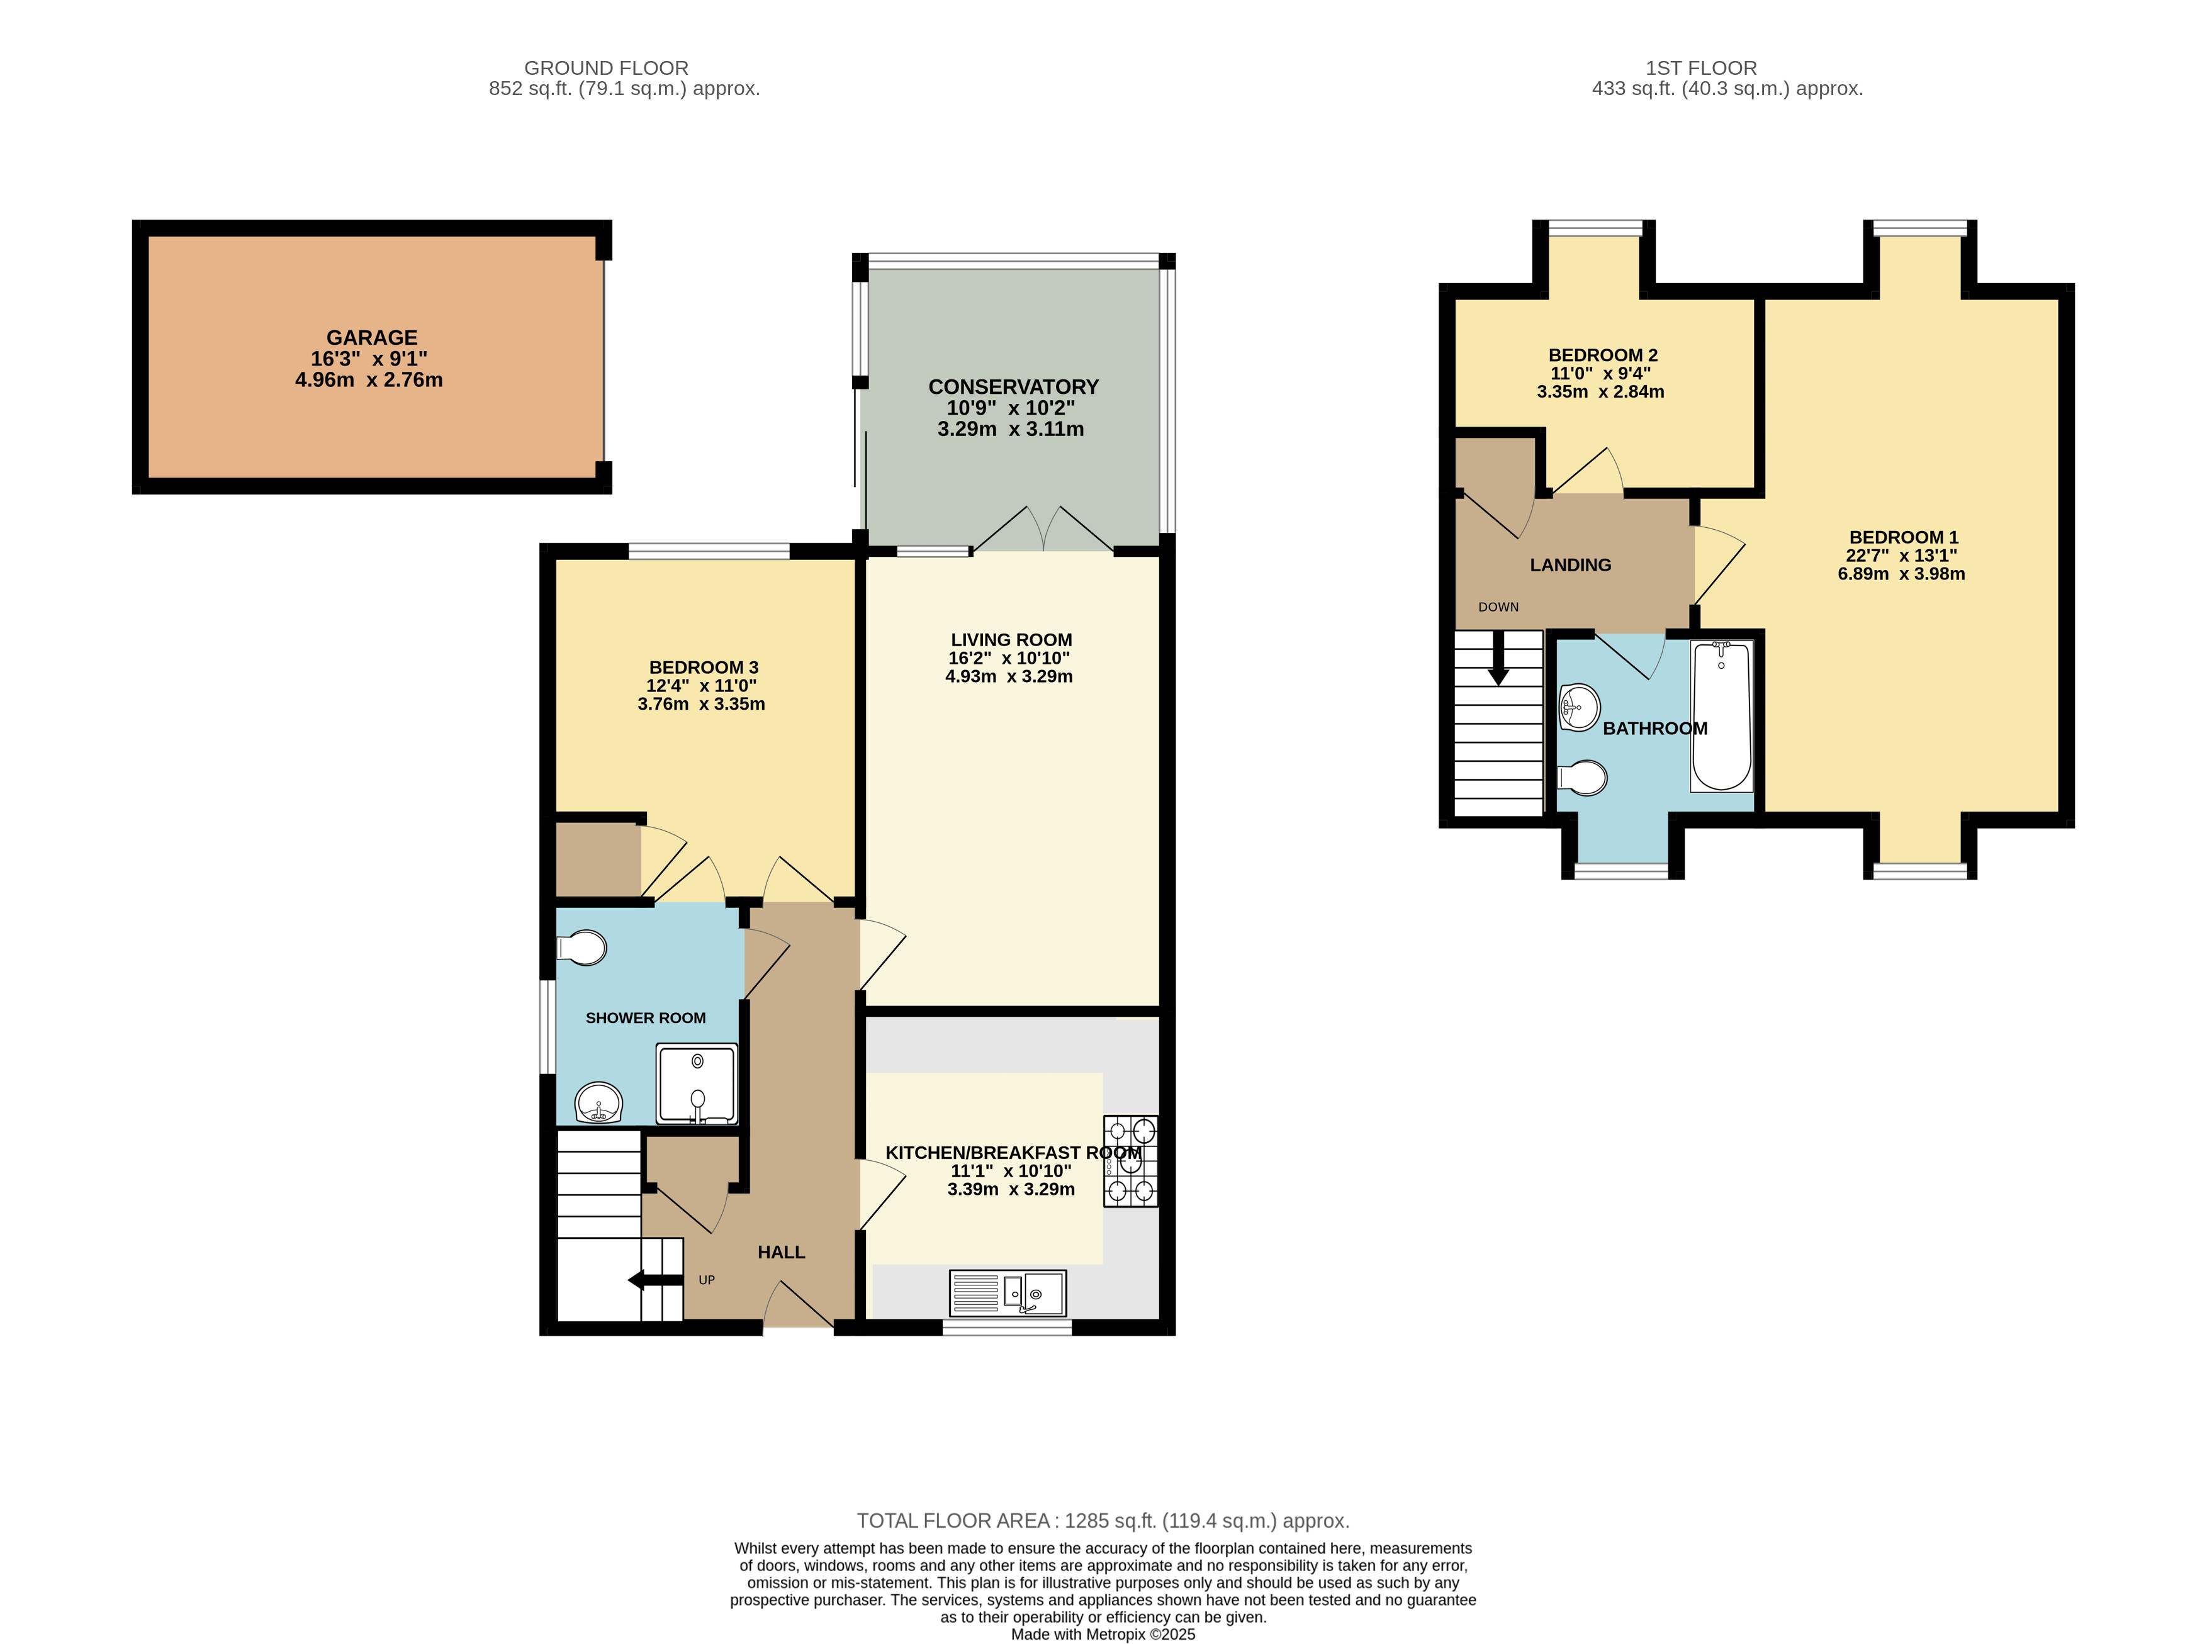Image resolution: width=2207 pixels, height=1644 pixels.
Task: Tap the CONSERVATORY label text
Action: point(1013,387)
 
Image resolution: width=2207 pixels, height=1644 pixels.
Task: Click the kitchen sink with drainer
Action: point(1008,1293)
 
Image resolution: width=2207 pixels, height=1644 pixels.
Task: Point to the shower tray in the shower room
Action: point(697,1083)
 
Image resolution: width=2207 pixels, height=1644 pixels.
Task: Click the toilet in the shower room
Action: point(581,948)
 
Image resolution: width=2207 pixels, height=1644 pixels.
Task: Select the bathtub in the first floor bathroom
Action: point(1721,715)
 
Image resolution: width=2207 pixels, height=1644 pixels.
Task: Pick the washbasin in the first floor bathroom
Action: point(1580,708)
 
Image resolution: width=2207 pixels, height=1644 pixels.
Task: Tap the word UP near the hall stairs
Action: point(707,1280)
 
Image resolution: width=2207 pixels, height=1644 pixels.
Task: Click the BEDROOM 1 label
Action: point(1904,537)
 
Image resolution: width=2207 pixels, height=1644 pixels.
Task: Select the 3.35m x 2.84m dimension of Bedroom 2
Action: point(1601,392)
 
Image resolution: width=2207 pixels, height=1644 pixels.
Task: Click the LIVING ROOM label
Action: point(1011,640)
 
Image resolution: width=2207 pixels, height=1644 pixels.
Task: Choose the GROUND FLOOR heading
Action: point(606,68)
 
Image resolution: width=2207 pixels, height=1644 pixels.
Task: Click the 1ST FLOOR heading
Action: point(1701,68)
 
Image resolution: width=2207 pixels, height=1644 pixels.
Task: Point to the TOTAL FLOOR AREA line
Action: point(1103,1521)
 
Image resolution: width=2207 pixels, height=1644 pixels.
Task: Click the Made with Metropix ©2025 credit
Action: point(1103,1634)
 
